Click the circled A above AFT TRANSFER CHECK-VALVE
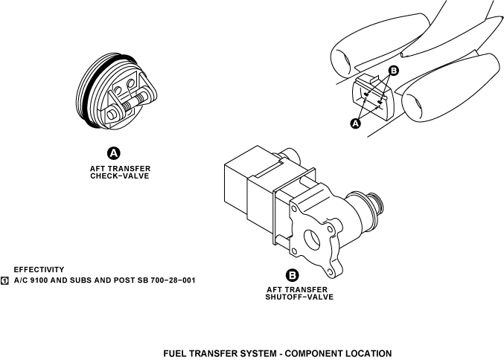click(114, 153)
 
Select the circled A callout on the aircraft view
click(355, 123)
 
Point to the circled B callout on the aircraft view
click(394, 71)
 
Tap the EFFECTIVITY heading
click(39, 269)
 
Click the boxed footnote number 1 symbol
click(5, 281)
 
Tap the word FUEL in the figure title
click(176, 353)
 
